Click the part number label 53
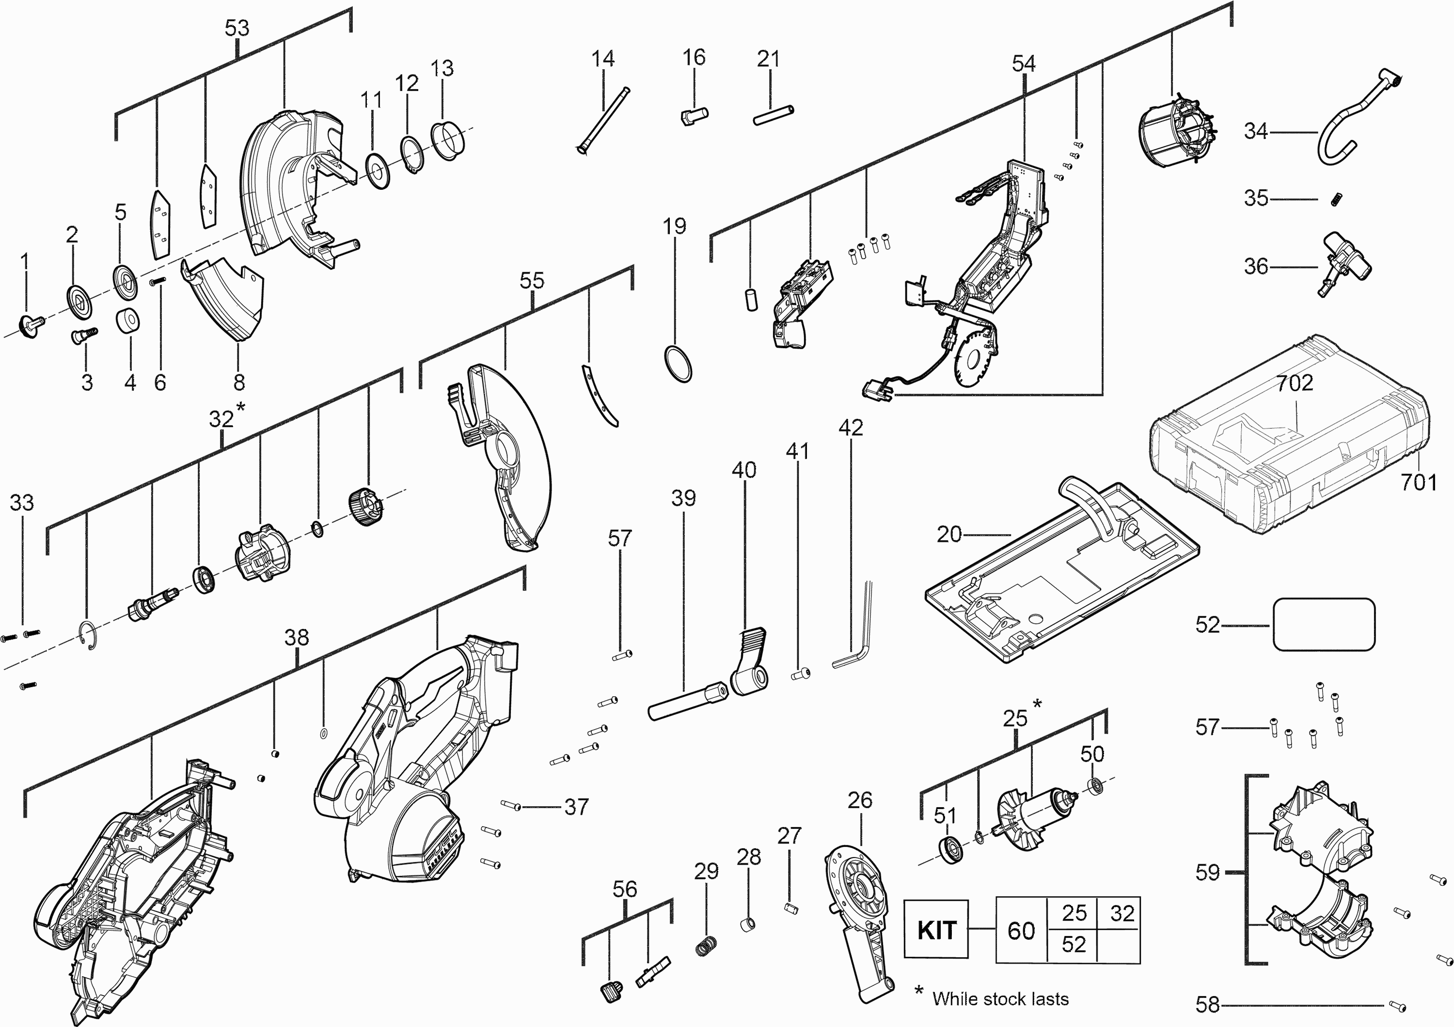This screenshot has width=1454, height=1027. (x=237, y=29)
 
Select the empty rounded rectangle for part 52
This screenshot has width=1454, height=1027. (x=1324, y=625)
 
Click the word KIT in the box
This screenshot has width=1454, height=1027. (x=936, y=930)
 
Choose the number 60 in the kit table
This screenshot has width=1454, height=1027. (x=1021, y=931)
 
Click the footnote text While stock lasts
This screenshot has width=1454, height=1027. (x=1000, y=998)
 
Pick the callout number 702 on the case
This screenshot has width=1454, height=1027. (x=1295, y=383)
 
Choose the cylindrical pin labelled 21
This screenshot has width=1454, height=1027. (x=773, y=116)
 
